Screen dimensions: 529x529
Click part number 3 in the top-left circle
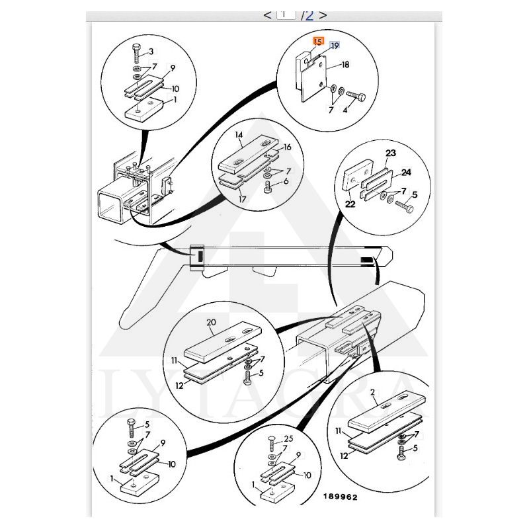[151, 51]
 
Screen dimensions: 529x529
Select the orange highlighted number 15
[318, 42]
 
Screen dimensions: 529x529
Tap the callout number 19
[335, 45]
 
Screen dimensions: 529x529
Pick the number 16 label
[287, 147]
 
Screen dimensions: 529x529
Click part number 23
[390, 153]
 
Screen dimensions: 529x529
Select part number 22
[350, 204]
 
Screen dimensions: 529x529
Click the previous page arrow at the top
[267, 15]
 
